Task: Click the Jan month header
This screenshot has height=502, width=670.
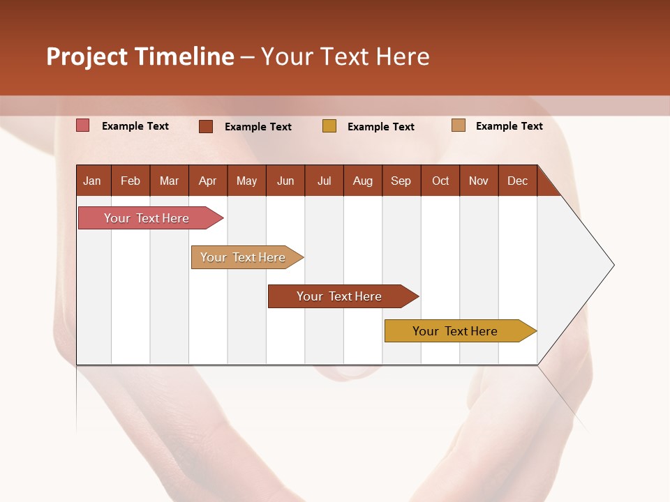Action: (x=93, y=181)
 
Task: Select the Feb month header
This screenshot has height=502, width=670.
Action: (x=131, y=181)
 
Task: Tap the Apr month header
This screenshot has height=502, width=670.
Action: (x=208, y=181)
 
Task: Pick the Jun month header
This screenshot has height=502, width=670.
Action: (x=285, y=181)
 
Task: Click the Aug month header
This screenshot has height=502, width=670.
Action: (x=363, y=181)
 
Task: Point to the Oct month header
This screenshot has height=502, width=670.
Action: (x=440, y=181)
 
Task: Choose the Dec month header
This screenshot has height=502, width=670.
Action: (x=518, y=181)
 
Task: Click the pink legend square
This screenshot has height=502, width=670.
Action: (x=83, y=125)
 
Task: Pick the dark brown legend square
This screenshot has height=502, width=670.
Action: (x=206, y=126)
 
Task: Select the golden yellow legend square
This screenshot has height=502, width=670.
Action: (x=329, y=126)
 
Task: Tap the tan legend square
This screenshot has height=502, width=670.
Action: (x=458, y=125)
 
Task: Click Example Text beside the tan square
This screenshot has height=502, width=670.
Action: (x=509, y=125)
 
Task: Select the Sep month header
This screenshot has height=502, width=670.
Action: (x=401, y=181)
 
